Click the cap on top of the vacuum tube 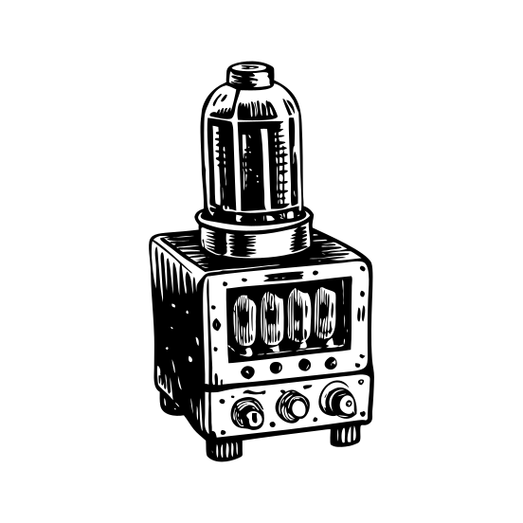(251, 74)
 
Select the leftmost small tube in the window (244, 319)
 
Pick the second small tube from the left (272, 317)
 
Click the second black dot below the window (276, 368)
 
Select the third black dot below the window (304, 365)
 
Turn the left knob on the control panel (248, 413)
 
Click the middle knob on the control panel (293, 407)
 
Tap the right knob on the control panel (338, 401)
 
